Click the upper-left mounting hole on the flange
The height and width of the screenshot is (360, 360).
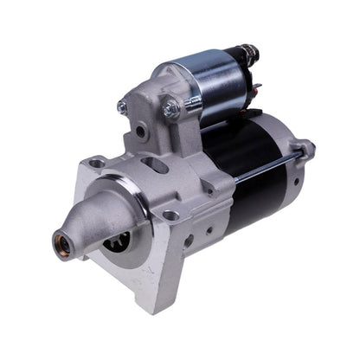[x=97, y=163]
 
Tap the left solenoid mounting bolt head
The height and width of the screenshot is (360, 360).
[x=122, y=107]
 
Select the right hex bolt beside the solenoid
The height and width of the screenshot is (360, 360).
[x=170, y=110]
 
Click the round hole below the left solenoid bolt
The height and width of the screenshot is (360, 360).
[x=140, y=132]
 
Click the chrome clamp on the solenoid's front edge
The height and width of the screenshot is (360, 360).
[x=192, y=101]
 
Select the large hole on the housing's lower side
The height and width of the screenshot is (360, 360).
[x=188, y=241]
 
